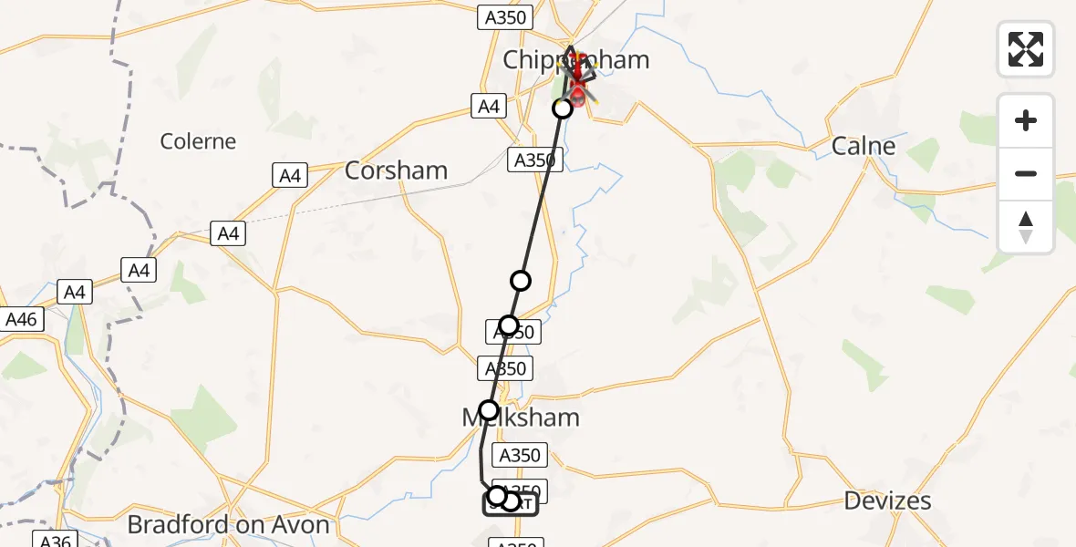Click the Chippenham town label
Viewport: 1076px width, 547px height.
(576, 60)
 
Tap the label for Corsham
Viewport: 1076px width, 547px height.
(397, 170)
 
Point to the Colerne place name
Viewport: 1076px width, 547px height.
(198, 141)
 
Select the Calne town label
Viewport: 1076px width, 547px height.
(864, 146)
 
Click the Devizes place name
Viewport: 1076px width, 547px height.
(887, 501)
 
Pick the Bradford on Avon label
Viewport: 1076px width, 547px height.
(228, 525)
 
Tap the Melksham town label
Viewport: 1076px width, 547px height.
(520, 418)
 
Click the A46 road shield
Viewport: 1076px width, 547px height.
(21, 320)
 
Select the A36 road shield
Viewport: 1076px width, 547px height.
(54, 541)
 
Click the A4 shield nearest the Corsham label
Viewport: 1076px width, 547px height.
(290, 175)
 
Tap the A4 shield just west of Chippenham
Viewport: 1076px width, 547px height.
(489, 107)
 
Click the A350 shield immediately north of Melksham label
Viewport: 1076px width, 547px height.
(505, 368)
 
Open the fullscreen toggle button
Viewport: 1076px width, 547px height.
(1026, 49)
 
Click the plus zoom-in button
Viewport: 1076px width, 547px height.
(1026, 120)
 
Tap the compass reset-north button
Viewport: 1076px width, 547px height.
(1026, 227)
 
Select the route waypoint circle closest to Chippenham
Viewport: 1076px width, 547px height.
(563, 108)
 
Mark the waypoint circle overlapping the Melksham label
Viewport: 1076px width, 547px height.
(489, 410)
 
